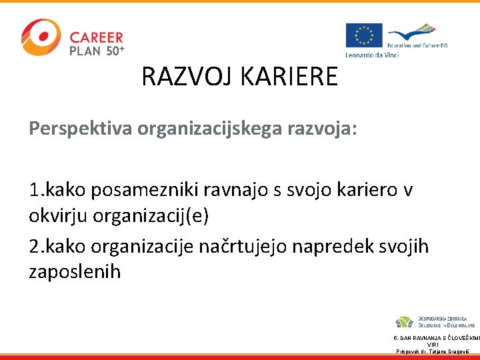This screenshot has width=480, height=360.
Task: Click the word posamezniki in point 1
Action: point(151,191)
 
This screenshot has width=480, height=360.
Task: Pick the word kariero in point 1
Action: point(365,191)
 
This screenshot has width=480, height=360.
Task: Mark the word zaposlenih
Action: point(75,272)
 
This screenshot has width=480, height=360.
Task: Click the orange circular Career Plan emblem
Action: point(40,37)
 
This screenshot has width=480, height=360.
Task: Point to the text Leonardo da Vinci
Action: point(372,54)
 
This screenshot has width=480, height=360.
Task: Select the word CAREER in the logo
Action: point(97,37)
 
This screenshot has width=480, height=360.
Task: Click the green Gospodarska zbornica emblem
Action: point(405,322)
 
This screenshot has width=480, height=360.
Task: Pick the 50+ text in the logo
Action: point(114,50)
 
